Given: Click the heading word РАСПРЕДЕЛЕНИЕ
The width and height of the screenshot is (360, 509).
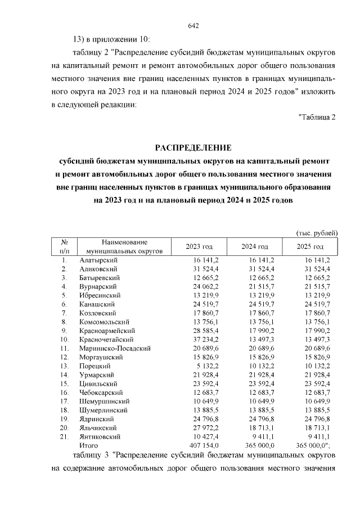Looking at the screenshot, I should (193, 148).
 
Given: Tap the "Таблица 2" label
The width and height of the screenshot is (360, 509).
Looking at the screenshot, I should (317, 117).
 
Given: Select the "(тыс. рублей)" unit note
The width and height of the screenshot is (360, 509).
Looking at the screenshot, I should (316, 232).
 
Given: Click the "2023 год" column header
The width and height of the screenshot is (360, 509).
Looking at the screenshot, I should (199, 246).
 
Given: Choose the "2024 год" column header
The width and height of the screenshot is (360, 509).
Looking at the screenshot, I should (255, 246).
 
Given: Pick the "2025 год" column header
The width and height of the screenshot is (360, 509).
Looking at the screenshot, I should (310, 246).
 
